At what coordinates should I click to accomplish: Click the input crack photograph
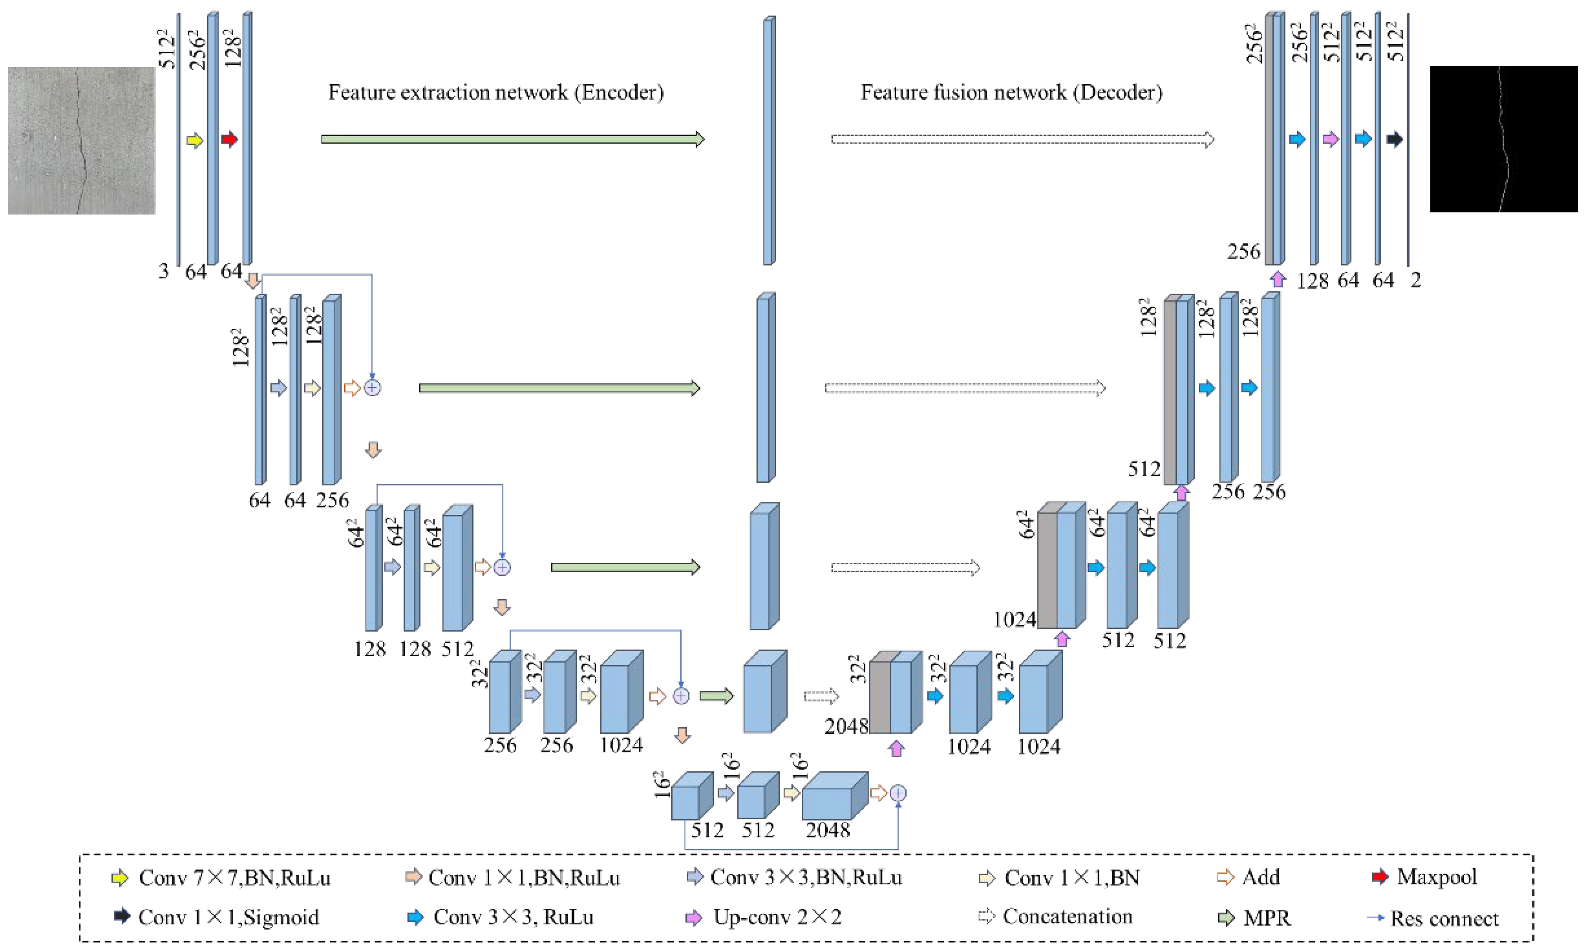(x=81, y=140)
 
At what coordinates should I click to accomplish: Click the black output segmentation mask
(x=1503, y=139)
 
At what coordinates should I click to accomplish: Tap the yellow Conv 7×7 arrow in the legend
(x=119, y=878)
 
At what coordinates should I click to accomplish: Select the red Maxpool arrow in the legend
(x=1379, y=877)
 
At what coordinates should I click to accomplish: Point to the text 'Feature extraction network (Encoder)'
(x=496, y=92)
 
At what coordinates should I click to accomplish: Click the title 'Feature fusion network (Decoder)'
(x=1011, y=92)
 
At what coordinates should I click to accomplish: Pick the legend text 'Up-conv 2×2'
(x=776, y=917)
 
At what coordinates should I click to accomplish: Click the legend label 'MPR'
(x=1267, y=918)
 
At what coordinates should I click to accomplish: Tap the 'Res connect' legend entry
(x=1444, y=918)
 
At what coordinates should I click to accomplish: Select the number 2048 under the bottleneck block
(x=828, y=830)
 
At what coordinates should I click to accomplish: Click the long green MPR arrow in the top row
(x=512, y=139)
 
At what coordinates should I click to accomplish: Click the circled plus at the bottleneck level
(x=898, y=793)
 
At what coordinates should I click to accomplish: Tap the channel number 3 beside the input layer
(x=164, y=271)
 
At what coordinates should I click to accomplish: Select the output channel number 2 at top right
(x=1415, y=280)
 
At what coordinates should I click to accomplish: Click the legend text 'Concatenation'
(x=1067, y=917)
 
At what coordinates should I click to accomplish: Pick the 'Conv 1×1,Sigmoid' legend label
(x=228, y=917)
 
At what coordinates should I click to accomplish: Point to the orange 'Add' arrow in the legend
(x=1225, y=877)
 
